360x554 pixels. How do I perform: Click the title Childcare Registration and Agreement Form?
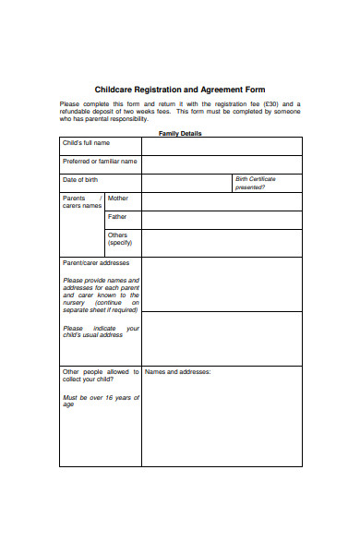(x=180, y=90)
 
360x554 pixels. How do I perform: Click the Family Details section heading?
(x=180, y=133)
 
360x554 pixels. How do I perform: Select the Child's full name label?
(x=86, y=143)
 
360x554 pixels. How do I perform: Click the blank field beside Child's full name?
(x=222, y=146)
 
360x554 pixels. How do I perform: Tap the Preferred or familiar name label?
(x=100, y=162)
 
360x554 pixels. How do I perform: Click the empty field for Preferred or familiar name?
(x=222, y=164)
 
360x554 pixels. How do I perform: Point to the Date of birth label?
(x=80, y=179)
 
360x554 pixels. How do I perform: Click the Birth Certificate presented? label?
(x=256, y=183)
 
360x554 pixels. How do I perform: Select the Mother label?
(x=118, y=199)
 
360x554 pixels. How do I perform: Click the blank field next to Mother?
(x=222, y=201)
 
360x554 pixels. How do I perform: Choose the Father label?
(x=117, y=217)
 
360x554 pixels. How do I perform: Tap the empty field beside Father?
(x=222, y=220)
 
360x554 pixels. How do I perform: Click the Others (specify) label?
(x=119, y=239)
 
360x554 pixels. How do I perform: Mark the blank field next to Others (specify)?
(x=222, y=243)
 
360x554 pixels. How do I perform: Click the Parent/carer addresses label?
(x=96, y=263)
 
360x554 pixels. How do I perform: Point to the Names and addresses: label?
(x=178, y=372)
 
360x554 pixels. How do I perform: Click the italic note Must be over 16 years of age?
(x=101, y=401)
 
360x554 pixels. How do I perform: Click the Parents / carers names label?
(x=81, y=202)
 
